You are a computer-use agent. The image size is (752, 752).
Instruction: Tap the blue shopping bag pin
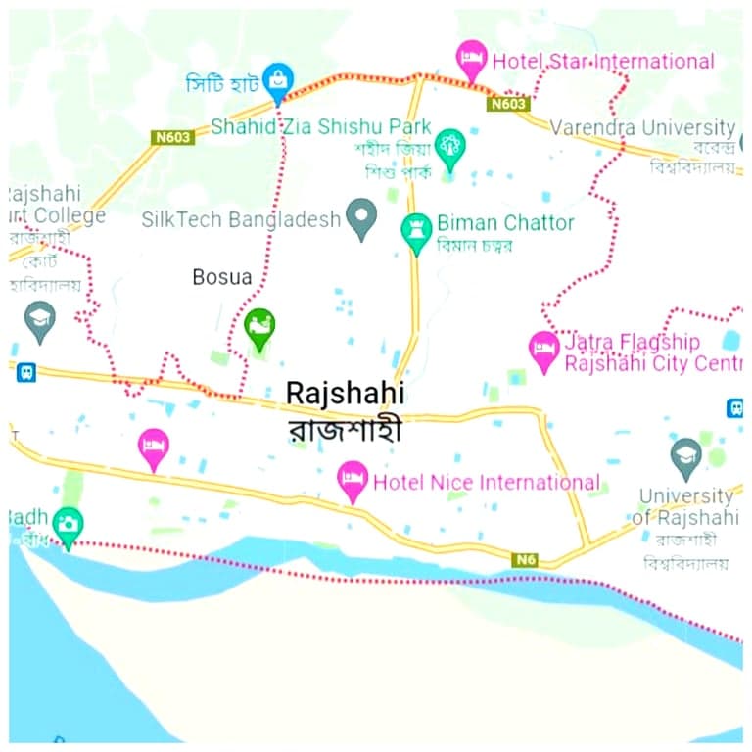pos(279,81)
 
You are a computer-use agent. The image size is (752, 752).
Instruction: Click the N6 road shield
pos(525,559)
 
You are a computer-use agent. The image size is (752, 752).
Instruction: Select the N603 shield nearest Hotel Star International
pos(509,103)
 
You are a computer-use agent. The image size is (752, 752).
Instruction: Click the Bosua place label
pos(221,277)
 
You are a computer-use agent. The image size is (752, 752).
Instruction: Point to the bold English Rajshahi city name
pos(345,393)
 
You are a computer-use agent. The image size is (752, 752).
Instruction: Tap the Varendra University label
pos(642,127)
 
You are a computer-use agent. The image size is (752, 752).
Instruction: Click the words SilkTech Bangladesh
pos(241,219)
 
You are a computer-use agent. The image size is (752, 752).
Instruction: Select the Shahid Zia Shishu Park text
pos(321,127)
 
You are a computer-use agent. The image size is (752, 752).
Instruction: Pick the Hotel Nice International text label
pos(487,482)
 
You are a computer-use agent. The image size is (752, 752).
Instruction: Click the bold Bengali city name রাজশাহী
pos(345,430)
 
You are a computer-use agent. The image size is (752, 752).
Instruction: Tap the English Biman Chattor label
pos(505,223)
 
